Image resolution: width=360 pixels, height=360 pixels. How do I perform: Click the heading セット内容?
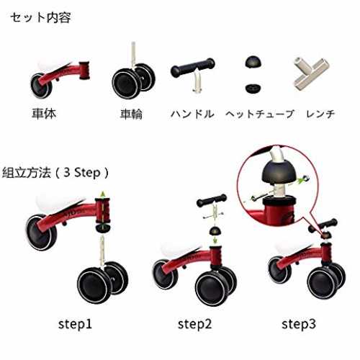click(40, 18)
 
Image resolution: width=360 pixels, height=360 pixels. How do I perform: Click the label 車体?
click(44, 113)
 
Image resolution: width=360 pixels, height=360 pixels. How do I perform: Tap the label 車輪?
click(131, 114)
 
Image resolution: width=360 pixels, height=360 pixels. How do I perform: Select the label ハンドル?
click(192, 114)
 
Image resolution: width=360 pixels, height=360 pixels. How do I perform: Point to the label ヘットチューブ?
click(260, 114)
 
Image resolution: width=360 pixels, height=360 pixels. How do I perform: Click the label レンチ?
click(320, 114)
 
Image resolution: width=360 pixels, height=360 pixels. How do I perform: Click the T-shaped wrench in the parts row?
click(311, 73)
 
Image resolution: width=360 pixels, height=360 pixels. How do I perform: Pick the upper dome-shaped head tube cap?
click(253, 62)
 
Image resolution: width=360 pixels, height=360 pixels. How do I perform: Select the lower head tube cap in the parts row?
click(253, 88)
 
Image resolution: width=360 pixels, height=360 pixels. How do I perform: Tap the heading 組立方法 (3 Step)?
click(55, 172)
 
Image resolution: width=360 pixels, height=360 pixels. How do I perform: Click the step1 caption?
click(75, 324)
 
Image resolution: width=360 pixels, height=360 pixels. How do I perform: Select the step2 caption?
click(194, 324)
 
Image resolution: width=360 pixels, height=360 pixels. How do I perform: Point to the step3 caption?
click(299, 324)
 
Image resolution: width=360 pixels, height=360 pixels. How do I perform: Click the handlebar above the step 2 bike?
click(212, 201)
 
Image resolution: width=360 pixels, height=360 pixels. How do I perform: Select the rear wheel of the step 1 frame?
click(41, 233)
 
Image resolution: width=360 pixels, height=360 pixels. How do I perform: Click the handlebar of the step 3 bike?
click(323, 225)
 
